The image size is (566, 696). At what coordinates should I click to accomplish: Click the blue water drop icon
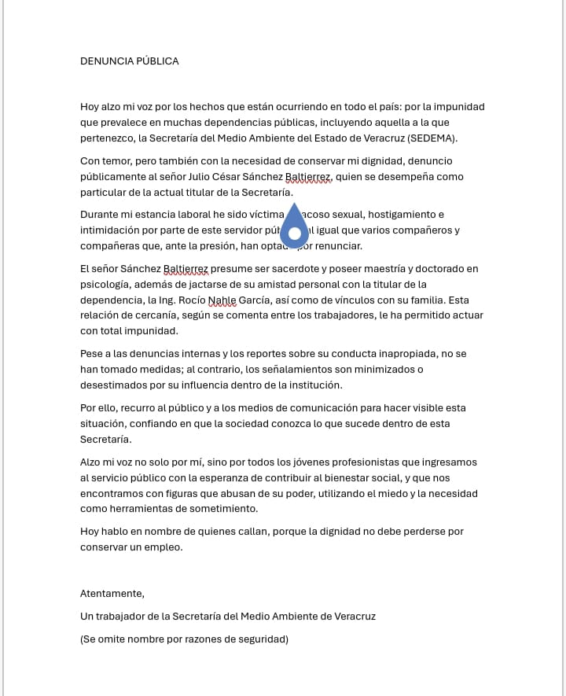click(295, 227)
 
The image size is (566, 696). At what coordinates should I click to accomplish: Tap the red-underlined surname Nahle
click(222, 300)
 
